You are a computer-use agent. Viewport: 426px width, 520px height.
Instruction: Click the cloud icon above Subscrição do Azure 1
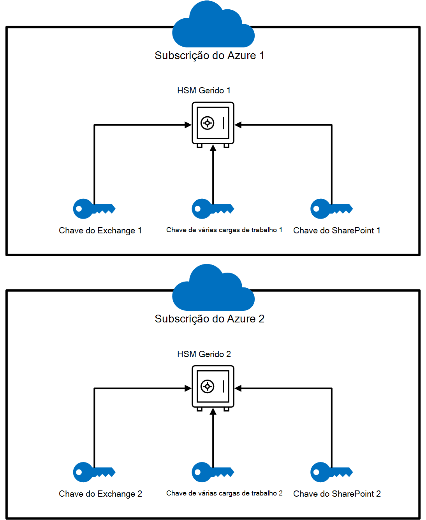tap(213, 27)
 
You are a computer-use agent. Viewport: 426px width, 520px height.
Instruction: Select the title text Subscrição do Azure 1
tap(209, 56)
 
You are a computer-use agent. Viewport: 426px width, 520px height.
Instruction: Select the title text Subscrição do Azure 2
tap(209, 319)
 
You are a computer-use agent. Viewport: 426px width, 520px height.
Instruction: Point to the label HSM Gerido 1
tap(204, 91)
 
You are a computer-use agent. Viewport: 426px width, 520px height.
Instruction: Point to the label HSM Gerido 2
tap(204, 354)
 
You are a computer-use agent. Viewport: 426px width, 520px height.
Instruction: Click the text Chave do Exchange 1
tap(100, 231)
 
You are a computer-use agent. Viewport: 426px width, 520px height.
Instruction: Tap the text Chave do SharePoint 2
tap(337, 494)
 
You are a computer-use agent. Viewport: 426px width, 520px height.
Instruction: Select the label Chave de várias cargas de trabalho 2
tap(224, 494)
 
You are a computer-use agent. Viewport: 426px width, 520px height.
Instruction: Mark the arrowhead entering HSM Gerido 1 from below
tap(213, 148)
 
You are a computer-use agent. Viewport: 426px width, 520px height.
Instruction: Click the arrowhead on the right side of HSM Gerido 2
tap(238, 388)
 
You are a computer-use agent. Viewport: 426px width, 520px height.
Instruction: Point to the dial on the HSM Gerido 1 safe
tap(207, 123)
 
